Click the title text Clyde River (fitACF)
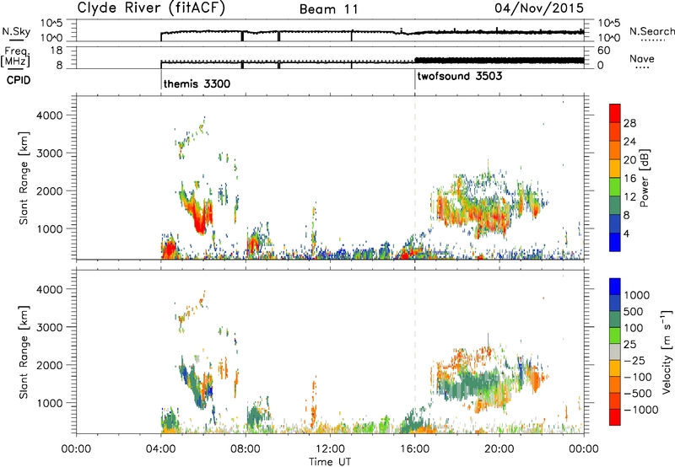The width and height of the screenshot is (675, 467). click(x=151, y=8)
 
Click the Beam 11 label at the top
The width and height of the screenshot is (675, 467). click(x=329, y=9)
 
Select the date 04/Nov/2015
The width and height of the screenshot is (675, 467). click(x=539, y=8)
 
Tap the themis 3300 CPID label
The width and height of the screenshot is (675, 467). click(x=197, y=83)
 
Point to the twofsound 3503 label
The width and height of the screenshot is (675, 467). click(x=459, y=76)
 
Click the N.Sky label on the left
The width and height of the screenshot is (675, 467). click(x=16, y=31)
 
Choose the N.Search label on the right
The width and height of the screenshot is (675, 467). click(x=651, y=31)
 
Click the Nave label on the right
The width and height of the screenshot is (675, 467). click(x=641, y=58)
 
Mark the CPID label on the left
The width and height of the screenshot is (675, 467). click(x=19, y=80)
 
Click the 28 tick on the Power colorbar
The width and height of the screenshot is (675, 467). click(x=629, y=123)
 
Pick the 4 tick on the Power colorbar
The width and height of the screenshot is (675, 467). click(x=626, y=233)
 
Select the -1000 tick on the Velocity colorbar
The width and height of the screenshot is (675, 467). click(x=640, y=410)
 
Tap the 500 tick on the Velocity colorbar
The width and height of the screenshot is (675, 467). click(x=634, y=312)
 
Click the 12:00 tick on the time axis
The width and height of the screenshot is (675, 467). click(x=330, y=449)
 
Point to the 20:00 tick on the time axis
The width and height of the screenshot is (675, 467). click(x=499, y=449)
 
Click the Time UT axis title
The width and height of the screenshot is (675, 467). click(x=330, y=462)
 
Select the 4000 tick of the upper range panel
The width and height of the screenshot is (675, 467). click(x=50, y=115)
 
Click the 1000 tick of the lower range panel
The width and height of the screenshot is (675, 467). click(x=50, y=403)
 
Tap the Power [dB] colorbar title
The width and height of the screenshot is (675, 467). click(x=644, y=178)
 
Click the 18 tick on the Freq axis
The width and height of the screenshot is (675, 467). click(x=57, y=51)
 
